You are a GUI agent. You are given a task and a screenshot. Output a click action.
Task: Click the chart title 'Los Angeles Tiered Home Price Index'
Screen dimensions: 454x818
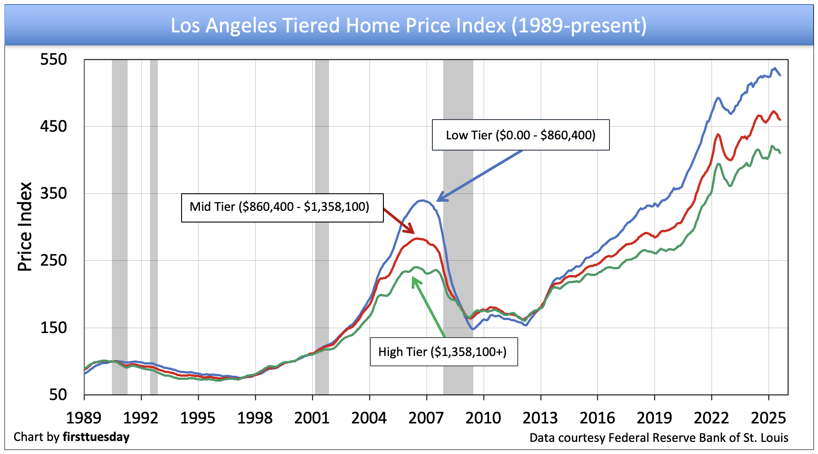409,26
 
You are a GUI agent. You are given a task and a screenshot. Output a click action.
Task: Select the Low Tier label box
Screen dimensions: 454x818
520,135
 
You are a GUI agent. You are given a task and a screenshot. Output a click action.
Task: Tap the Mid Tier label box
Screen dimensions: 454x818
282,207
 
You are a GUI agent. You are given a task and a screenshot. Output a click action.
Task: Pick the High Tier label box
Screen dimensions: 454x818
443,352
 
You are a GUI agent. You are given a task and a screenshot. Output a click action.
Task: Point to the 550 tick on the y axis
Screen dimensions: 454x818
53,59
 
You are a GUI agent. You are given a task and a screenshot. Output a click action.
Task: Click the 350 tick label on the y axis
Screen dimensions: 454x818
53,193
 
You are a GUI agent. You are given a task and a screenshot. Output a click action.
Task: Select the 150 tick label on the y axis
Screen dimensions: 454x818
53,328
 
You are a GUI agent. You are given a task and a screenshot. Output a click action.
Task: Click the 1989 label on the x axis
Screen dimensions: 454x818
84,418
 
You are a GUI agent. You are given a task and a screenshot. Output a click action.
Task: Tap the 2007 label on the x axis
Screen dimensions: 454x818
426,418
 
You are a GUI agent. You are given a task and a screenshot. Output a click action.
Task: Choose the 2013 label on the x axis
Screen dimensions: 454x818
540,418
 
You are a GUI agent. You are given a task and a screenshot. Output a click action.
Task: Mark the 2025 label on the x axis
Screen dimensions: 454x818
769,418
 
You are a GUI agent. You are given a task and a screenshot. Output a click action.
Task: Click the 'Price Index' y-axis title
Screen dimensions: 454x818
25,227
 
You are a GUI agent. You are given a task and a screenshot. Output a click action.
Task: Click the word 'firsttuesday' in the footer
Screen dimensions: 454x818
96,437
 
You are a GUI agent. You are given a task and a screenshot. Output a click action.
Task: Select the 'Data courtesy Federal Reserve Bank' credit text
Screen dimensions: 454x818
659,438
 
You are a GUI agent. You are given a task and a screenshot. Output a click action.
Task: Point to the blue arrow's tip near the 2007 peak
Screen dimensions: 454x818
438,200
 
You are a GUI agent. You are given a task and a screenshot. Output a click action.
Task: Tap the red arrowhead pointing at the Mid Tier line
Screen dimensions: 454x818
413,232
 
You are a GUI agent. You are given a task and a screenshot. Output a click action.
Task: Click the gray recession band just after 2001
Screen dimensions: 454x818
322,225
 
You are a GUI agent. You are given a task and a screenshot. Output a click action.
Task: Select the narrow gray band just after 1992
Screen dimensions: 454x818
154,225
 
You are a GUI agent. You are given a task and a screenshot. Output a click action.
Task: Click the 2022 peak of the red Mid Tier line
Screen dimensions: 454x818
718,134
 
